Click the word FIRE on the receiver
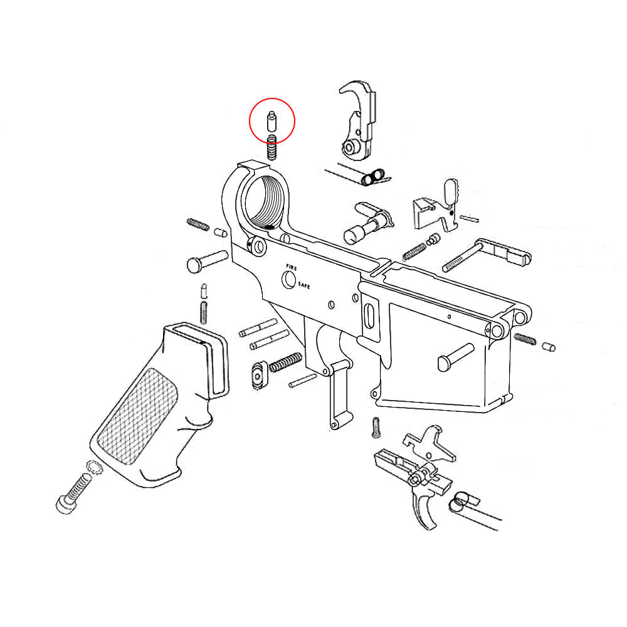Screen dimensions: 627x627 (292, 267)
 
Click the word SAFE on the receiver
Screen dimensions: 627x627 (304, 285)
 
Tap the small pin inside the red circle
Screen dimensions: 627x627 (271, 121)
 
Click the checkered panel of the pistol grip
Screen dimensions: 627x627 (137, 416)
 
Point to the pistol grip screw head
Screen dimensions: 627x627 (65, 504)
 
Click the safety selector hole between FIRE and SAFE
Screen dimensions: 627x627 (288, 279)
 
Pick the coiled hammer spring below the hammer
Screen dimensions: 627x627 (372, 177)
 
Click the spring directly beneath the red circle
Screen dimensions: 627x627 (271, 147)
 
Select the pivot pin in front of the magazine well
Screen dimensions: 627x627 (455, 357)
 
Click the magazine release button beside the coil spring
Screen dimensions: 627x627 (258, 376)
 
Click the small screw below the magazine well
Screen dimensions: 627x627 (376, 428)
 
